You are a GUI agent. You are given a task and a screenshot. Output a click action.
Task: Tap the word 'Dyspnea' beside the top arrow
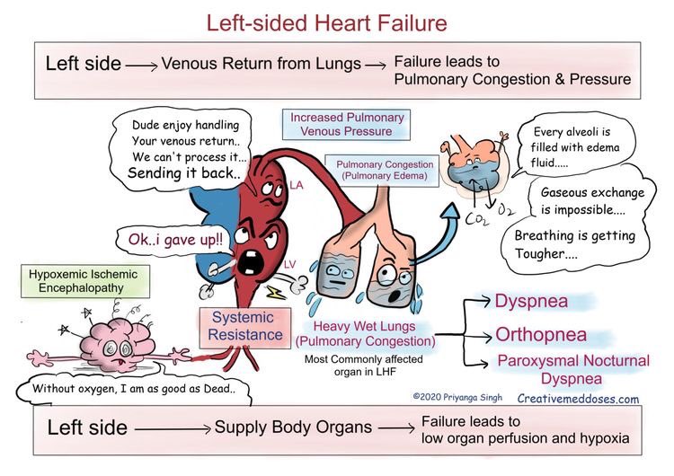coord(532,301)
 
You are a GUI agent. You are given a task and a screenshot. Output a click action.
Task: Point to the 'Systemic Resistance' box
coord(244,326)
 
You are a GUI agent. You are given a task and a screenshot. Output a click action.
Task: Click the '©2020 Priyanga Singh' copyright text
coord(457,395)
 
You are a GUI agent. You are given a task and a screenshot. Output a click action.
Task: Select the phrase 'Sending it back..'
coord(183,173)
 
